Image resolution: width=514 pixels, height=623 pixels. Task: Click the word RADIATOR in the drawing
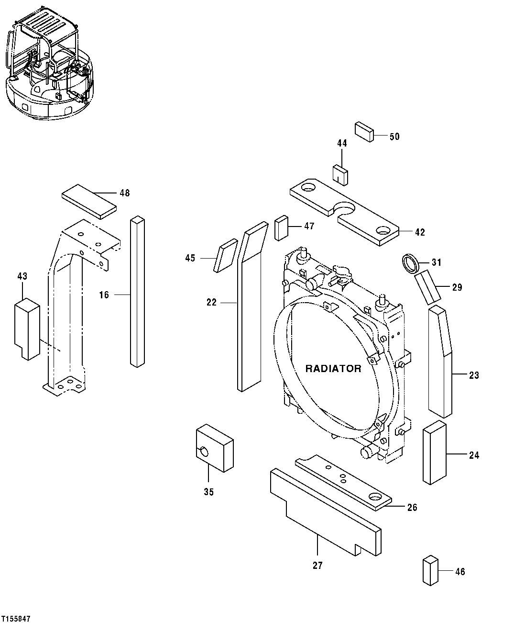(333, 369)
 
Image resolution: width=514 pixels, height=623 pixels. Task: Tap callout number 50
(394, 137)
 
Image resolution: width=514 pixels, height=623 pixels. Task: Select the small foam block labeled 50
(364, 132)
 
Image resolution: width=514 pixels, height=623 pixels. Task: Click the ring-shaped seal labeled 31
(410, 263)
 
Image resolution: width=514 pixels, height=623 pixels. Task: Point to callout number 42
(420, 233)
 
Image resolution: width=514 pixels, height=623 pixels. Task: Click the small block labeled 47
(282, 228)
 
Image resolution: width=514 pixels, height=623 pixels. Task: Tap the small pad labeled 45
(227, 255)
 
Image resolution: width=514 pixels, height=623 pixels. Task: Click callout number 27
(317, 566)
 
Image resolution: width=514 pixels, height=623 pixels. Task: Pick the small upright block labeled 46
(430, 570)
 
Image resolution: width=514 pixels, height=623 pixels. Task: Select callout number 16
(104, 295)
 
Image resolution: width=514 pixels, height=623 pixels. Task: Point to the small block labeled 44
(340, 174)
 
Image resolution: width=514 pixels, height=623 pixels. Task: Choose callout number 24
(474, 455)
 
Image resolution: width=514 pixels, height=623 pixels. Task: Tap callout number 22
(211, 303)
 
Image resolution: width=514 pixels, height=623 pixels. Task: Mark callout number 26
(412, 508)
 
